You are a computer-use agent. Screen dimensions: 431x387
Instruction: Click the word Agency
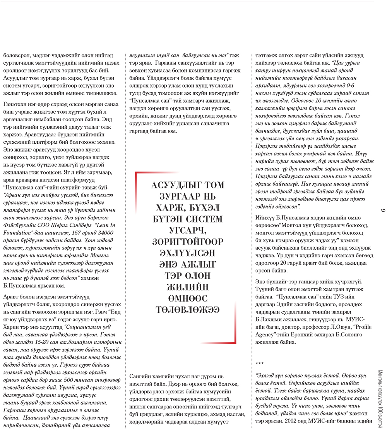(x=265, y=335)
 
